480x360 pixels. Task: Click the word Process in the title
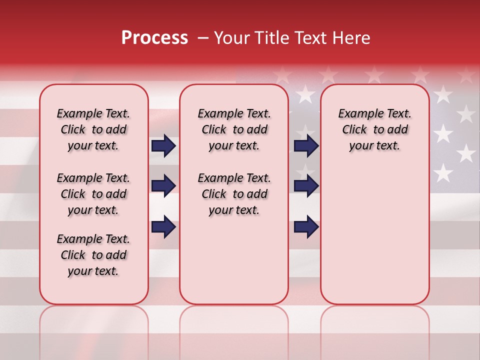click(x=154, y=38)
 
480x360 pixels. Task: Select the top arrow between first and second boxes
click(x=163, y=146)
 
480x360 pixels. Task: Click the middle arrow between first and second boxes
click(x=163, y=186)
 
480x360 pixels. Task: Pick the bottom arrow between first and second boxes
click(x=163, y=226)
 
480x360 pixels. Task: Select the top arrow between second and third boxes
click(x=306, y=146)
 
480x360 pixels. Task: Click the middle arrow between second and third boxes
click(x=306, y=186)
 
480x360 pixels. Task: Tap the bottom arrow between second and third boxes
click(x=306, y=226)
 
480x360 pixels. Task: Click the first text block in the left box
click(x=93, y=129)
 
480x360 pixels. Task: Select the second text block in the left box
click(x=93, y=194)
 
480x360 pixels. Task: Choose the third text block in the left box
click(x=93, y=255)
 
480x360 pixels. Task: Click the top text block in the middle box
click(x=234, y=129)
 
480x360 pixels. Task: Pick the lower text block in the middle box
click(x=234, y=194)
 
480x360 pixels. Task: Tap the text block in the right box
click(x=374, y=129)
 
